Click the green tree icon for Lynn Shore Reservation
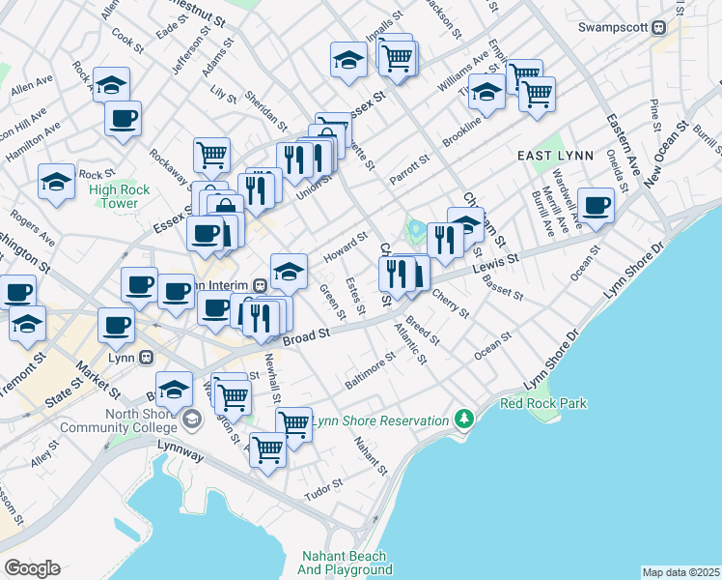[465, 420]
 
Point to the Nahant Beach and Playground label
[345, 563]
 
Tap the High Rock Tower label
[120, 197]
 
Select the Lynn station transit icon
[146, 357]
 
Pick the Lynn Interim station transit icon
[260, 285]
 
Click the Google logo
[32, 567]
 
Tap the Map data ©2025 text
[680, 572]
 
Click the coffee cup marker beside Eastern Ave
[597, 205]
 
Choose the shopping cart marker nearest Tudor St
[267, 449]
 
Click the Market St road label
[97, 381]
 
